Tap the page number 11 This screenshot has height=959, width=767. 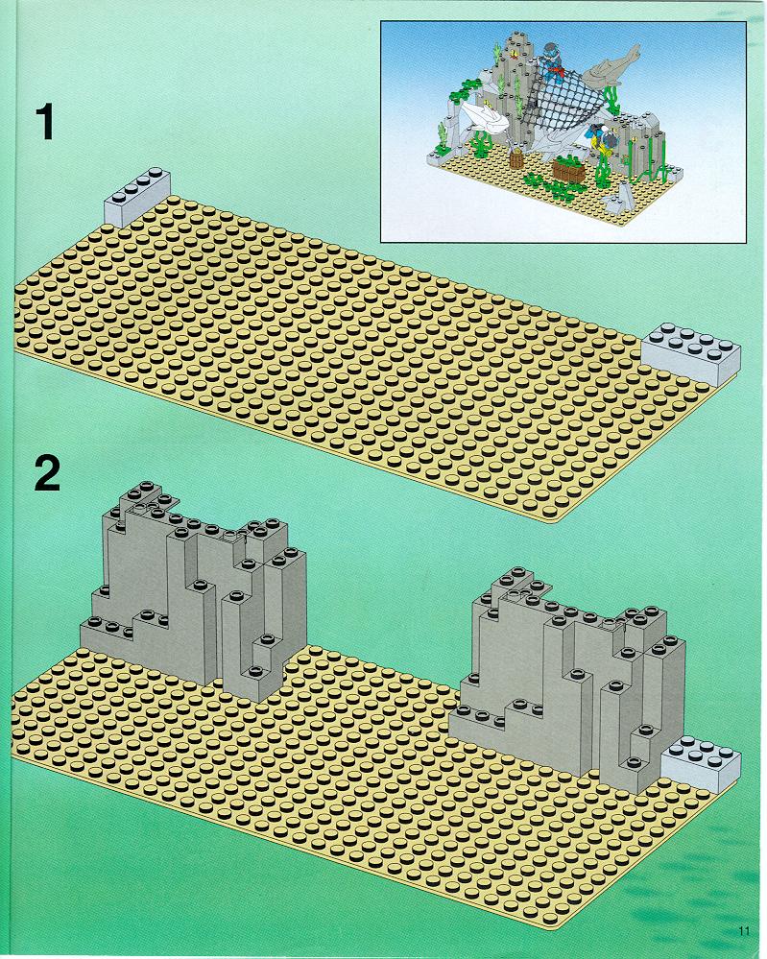click(744, 931)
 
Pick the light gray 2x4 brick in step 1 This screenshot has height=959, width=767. click(691, 353)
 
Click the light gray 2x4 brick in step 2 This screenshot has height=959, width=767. click(701, 763)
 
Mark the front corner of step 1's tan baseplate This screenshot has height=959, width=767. click(554, 521)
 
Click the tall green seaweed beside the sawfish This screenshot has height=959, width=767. click(611, 98)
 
